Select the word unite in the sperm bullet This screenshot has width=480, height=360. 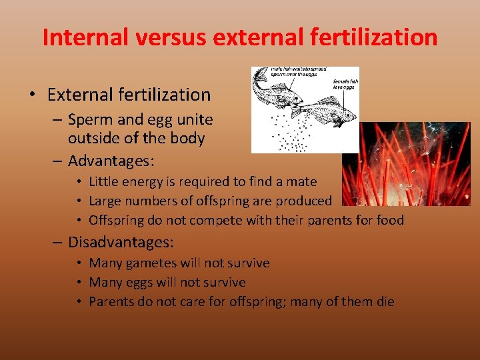point(189,119)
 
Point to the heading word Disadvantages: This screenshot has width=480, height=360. point(121,241)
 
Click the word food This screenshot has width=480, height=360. point(389,220)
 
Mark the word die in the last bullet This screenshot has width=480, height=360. point(385,301)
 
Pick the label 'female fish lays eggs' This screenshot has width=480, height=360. point(345,85)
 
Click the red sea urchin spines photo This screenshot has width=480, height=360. point(407,163)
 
